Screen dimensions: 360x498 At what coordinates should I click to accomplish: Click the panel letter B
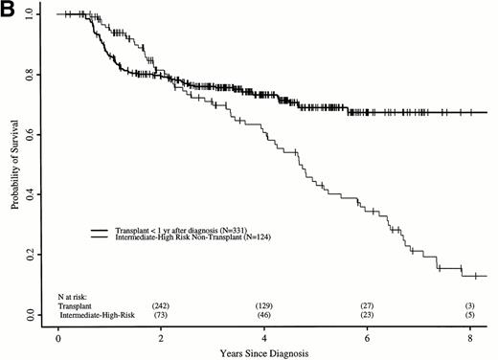pyautogui.click(x=9, y=10)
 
